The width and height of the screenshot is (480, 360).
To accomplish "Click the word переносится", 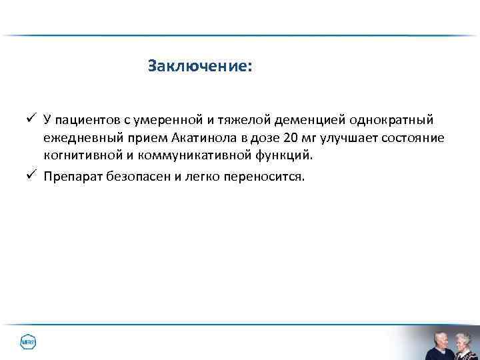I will [x=266, y=177].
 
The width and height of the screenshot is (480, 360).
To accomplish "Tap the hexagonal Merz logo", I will [x=28, y=343].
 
